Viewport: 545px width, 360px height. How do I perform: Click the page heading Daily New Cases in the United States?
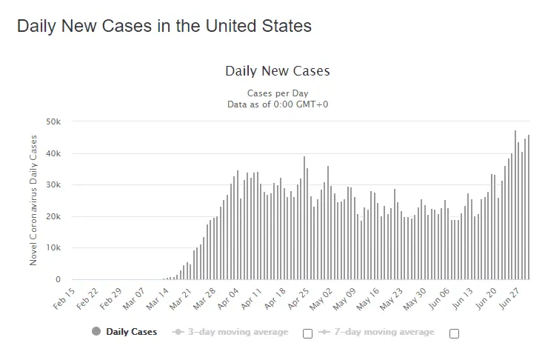tap(164, 25)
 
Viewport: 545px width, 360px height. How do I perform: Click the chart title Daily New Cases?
tap(277, 71)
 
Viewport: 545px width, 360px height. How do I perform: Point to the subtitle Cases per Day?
tap(278, 93)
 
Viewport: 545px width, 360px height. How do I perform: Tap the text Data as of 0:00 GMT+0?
tap(278, 104)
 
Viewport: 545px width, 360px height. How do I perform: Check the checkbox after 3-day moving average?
tap(307, 333)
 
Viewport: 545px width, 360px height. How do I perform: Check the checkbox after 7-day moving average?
tap(454, 333)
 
